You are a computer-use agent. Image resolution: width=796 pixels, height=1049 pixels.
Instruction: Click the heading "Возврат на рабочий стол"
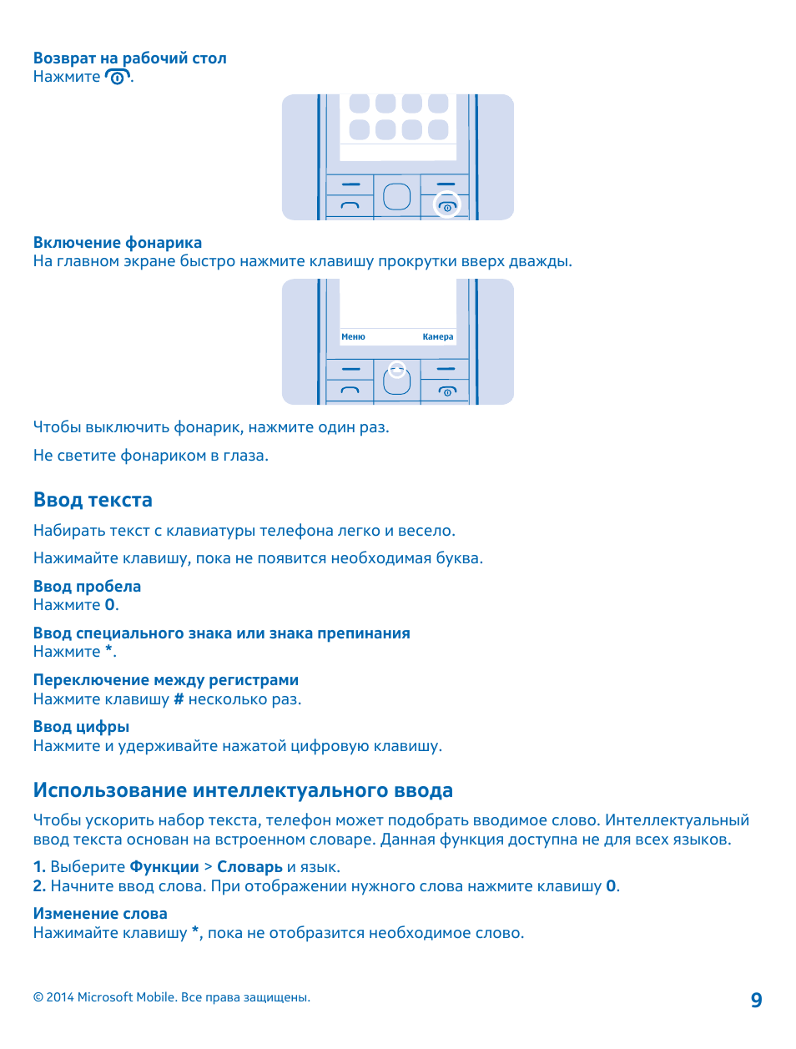(129, 58)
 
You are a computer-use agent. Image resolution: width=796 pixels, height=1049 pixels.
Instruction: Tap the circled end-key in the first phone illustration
(447, 205)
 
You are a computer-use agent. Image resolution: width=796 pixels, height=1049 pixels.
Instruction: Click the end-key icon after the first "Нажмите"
(118, 78)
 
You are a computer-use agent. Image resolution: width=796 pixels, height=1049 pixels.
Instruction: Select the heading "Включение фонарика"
(118, 243)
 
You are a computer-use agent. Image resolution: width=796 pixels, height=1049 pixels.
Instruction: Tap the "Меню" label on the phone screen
(353, 337)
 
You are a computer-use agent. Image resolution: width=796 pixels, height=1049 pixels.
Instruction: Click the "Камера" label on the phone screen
(438, 337)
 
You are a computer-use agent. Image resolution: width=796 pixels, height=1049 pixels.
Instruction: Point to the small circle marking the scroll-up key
(397, 369)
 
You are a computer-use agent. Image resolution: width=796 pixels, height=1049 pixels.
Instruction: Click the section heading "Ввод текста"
(93, 500)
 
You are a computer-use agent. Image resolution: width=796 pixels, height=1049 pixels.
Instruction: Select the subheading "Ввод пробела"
(87, 587)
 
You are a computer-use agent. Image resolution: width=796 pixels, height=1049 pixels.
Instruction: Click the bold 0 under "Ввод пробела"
(110, 605)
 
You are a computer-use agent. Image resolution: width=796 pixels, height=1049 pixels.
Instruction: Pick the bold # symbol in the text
(179, 699)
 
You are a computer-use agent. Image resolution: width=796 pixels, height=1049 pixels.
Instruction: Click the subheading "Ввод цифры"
(81, 727)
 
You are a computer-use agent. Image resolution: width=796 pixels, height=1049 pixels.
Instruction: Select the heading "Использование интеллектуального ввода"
(243, 790)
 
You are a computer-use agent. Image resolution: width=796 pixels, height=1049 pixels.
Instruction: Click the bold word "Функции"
(164, 867)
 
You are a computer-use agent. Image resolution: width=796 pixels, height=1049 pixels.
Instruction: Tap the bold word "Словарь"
(249, 867)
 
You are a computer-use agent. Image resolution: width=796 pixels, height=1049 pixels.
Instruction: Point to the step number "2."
(39, 886)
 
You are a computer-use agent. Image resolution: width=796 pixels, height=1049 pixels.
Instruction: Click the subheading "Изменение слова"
(100, 914)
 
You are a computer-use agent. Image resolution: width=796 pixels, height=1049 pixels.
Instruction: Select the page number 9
(756, 1001)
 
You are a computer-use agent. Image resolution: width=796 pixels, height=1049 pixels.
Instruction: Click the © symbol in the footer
(38, 997)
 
